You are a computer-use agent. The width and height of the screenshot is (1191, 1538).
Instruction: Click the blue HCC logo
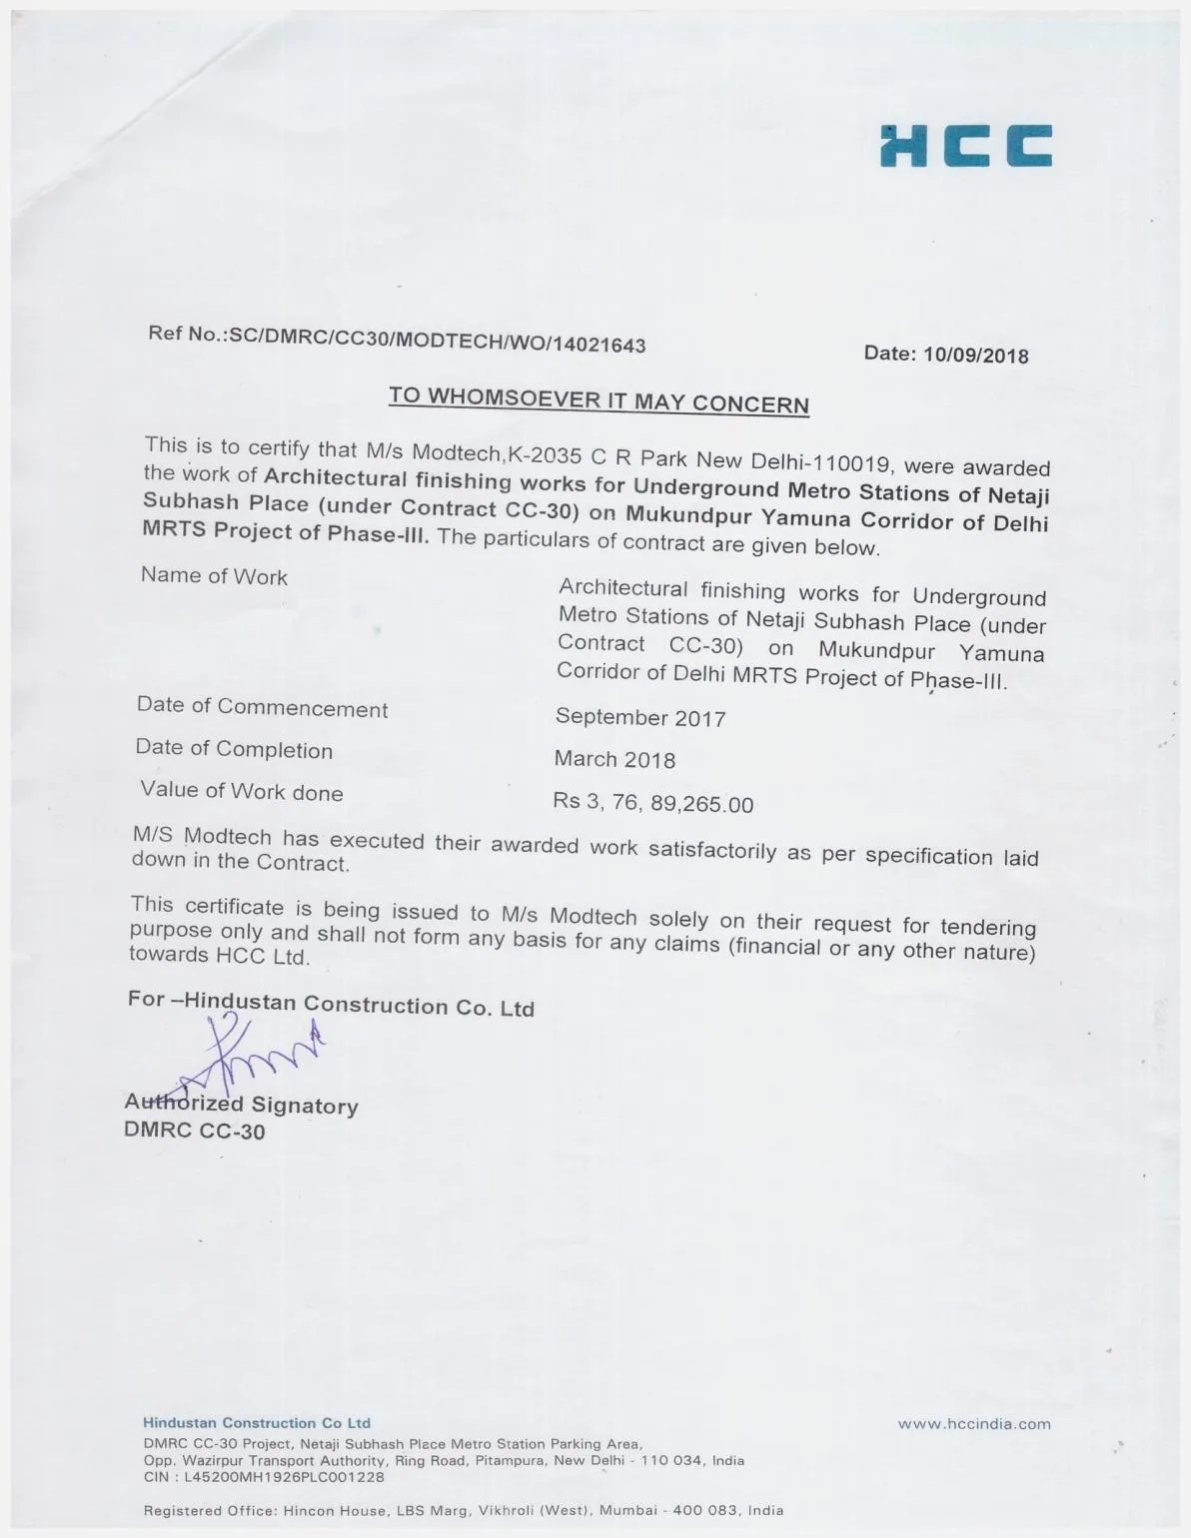965,146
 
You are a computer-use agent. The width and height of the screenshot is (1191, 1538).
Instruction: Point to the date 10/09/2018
976,355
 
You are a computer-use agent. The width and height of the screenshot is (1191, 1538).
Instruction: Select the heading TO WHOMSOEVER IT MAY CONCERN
598,399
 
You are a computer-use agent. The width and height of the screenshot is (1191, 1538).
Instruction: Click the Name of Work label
214,576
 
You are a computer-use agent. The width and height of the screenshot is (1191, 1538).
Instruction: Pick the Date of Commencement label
262,708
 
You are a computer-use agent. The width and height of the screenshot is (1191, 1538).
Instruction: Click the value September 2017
640,717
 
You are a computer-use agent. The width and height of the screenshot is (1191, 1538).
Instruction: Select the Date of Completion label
234,749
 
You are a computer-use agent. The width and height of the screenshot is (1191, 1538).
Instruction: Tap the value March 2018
614,759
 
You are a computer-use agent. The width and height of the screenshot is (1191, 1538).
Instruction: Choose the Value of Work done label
241,791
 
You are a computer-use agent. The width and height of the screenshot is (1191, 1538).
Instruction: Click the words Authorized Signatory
241,1105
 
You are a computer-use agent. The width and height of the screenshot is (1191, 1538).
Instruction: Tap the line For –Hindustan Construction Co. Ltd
331,1004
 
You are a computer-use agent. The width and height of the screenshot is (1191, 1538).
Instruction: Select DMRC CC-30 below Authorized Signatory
194,1131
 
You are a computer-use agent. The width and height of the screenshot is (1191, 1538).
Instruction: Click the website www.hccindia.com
974,1424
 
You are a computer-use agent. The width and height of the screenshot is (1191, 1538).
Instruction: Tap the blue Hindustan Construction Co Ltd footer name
257,1423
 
